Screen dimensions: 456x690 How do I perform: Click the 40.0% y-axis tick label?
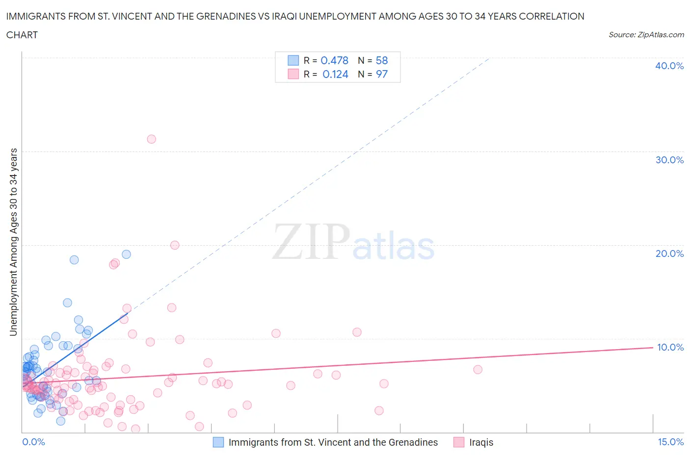pyautogui.click(x=669, y=66)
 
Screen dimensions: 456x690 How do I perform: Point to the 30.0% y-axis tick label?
pyautogui.click(x=669, y=160)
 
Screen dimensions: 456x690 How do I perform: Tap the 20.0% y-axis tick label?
pyautogui.click(x=669, y=253)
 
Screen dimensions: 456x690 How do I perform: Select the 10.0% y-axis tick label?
pyautogui.click(x=670, y=347)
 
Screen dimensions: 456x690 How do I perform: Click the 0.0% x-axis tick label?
pyautogui.click(x=34, y=442)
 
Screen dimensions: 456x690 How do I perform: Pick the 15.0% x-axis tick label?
pyautogui.click(x=670, y=442)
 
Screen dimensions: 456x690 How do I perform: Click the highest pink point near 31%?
pyautogui.click(x=152, y=139)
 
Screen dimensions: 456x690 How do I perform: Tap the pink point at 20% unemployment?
pyautogui.click(x=175, y=245)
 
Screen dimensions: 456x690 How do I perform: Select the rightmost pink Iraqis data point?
pyautogui.click(x=478, y=369)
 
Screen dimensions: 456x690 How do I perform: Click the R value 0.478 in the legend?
pyautogui.click(x=334, y=60)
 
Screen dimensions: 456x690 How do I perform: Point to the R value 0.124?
pyautogui.click(x=335, y=74)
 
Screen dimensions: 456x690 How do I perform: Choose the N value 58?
pyautogui.click(x=382, y=60)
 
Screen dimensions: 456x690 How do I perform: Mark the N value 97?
pyautogui.click(x=382, y=74)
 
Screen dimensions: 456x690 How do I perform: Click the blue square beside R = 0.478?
pyautogui.click(x=293, y=60)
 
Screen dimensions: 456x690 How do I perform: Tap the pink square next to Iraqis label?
pyautogui.click(x=459, y=442)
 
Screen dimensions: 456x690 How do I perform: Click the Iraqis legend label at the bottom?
pyautogui.click(x=481, y=442)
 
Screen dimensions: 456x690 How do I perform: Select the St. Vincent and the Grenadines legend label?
pyautogui.click(x=333, y=442)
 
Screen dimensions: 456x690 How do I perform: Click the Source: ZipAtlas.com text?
pyautogui.click(x=646, y=35)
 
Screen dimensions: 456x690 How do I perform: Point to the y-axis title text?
pyautogui.click(x=14, y=242)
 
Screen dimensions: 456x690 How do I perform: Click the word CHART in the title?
pyautogui.click(x=22, y=35)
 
